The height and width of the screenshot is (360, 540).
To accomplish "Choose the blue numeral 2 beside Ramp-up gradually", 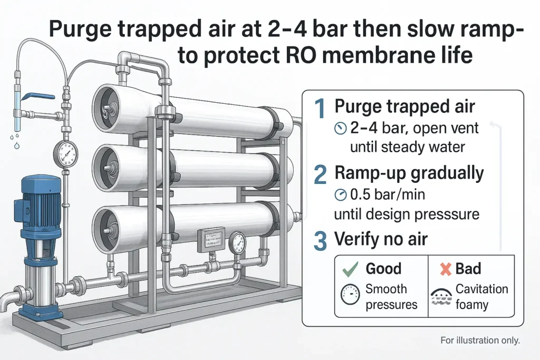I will (x=320, y=174).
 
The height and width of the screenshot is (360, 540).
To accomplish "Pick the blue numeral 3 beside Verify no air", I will (x=320, y=240).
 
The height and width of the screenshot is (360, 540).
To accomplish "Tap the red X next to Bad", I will (x=446, y=269).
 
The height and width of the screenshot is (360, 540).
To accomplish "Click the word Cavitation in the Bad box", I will (x=481, y=289).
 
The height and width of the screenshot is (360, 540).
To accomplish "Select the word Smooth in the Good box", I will (x=386, y=289).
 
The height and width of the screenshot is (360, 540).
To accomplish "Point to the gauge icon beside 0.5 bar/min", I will (x=341, y=196).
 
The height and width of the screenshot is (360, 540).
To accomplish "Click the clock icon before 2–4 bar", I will (x=341, y=128).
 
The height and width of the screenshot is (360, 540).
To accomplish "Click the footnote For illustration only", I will (x=480, y=340).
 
